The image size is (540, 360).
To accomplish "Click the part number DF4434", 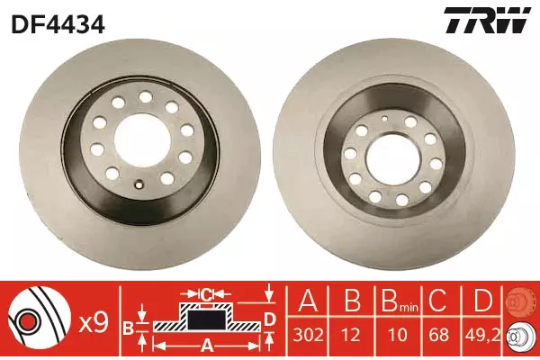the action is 58,24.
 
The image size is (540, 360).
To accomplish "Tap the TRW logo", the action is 487,21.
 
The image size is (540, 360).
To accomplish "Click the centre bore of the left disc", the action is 140,140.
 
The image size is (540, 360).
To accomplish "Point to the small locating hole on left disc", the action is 139,184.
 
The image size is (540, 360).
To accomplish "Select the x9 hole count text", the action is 94,323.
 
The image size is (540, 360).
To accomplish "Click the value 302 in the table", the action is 308,335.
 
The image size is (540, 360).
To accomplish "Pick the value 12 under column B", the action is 352,335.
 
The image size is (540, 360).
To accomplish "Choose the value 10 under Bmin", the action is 398,335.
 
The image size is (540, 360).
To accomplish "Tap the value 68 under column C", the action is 438,335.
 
